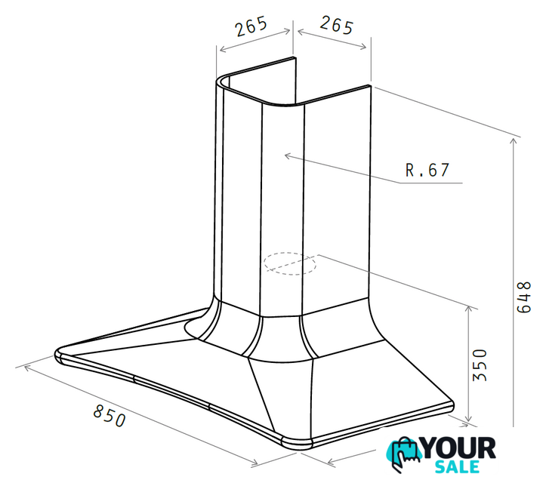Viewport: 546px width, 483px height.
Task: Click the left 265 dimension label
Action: point(251,26)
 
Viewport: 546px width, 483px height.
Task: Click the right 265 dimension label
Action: point(337,25)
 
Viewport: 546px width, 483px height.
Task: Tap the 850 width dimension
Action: point(110,415)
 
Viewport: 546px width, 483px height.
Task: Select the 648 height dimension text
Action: point(524,297)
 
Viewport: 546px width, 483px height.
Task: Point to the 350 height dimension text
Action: point(480,365)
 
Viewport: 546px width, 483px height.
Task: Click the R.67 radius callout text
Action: point(427,170)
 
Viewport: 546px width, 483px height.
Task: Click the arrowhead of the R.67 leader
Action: point(288,156)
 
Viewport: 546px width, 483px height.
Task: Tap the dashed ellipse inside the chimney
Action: point(290,263)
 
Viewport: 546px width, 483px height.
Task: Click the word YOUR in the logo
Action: point(458,448)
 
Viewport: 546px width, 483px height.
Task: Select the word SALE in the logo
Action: point(457,466)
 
